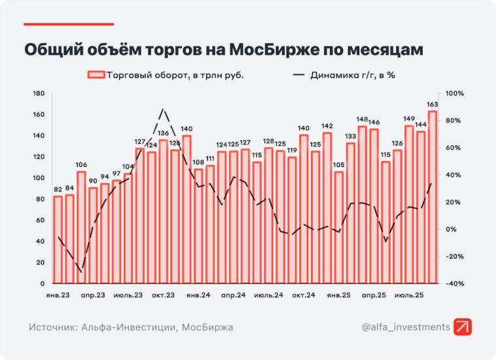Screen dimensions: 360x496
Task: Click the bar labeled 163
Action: click(433, 197)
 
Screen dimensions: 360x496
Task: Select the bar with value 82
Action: click(58, 240)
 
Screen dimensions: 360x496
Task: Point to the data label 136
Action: click(163, 133)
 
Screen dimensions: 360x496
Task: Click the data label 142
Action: click(327, 126)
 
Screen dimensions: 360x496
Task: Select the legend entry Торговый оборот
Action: click(166, 75)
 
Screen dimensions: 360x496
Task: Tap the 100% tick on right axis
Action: click(454, 94)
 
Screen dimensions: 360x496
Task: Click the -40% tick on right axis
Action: click(454, 284)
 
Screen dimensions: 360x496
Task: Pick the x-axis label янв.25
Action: click(339, 296)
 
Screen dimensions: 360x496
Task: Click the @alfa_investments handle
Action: click(405, 327)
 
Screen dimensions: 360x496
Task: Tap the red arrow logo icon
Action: click(463, 327)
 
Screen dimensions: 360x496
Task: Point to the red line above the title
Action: click(69, 24)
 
